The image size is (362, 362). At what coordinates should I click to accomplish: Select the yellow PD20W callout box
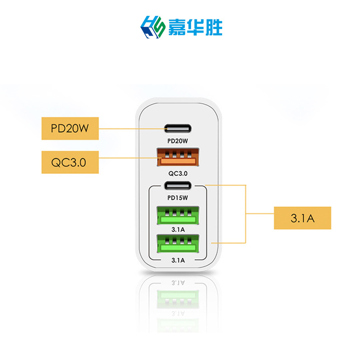point(70,129)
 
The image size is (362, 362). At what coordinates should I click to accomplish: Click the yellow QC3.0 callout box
point(70,162)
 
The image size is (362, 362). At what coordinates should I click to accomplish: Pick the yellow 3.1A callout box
point(302,218)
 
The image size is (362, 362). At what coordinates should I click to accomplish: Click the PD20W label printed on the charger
point(177,141)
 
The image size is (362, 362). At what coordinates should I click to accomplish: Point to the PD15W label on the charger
point(177,197)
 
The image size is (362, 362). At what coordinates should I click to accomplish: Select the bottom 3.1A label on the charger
point(178,260)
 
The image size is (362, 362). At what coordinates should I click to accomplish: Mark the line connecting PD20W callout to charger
point(131,129)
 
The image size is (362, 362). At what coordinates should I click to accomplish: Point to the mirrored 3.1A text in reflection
point(178,282)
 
